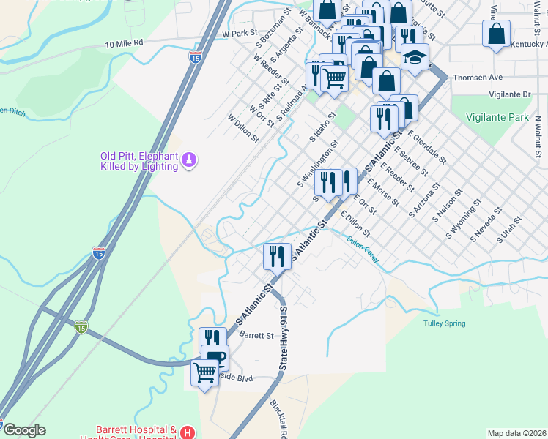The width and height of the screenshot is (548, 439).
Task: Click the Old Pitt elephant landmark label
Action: tap(139, 161)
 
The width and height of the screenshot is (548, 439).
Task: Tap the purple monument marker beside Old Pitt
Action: tap(189, 160)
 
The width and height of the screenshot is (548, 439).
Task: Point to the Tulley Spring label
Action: tap(445, 323)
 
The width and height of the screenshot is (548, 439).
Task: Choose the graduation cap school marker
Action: tap(415, 57)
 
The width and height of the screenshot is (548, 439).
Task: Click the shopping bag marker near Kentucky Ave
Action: tap(497, 34)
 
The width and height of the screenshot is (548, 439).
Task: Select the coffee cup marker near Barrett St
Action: tap(215, 356)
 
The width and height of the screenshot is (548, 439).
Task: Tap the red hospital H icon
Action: tap(188, 433)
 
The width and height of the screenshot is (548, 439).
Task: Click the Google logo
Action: tap(23, 430)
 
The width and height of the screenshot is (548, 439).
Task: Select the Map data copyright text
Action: tap(516, 433)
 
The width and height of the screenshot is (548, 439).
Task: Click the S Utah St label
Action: tap(508, 229)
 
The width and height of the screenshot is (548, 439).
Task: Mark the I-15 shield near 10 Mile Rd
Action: tap(195, 56)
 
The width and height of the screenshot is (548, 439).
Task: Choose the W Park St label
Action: tap(240, 34)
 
